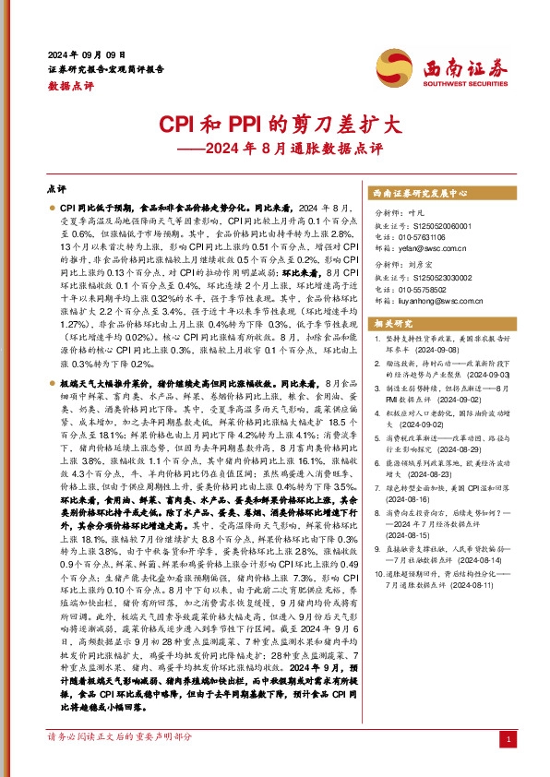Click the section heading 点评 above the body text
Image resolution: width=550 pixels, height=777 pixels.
56,187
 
